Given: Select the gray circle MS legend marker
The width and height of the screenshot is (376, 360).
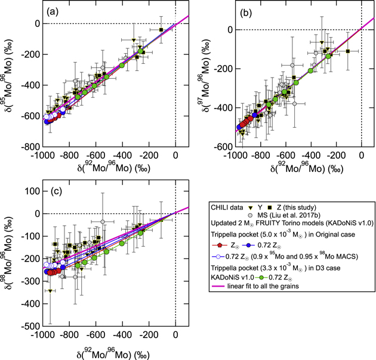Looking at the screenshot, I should (x=255, y=214).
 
